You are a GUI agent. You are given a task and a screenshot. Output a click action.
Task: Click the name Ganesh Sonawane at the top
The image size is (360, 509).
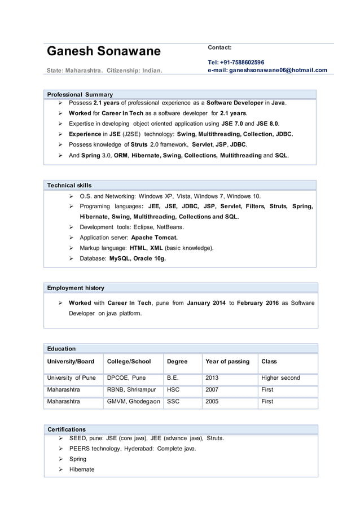pos(103,52)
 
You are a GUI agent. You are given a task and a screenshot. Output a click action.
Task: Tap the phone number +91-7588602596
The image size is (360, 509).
pos(236,62)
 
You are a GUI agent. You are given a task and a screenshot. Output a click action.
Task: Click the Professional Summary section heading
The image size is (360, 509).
pos(80,94)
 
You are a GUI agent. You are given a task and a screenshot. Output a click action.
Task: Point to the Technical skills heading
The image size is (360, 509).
pos(69,185)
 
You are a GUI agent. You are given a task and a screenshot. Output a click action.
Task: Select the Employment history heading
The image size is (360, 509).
pos(76,288)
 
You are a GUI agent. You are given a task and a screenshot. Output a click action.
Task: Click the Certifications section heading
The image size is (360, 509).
pos(67,429)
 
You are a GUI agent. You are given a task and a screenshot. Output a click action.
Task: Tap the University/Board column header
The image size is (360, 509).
pos(71,361)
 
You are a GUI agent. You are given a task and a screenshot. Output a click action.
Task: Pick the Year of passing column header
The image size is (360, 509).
pos(227,361)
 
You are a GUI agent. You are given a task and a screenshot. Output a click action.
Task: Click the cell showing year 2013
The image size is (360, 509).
pos(213,378)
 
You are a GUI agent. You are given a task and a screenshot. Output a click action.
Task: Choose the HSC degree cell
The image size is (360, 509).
pos(173,389)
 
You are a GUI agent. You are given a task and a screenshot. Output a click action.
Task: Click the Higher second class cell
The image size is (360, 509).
pos(280,378)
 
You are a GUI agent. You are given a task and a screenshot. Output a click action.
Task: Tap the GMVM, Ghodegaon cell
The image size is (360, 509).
pos(133,402)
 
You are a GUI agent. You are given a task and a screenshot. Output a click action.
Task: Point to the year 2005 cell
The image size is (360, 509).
pos(213,402)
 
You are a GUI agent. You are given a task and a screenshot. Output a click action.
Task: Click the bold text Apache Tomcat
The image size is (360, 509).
pos(154,238)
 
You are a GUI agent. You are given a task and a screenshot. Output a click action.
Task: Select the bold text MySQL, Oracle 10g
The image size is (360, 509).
pos(137,258)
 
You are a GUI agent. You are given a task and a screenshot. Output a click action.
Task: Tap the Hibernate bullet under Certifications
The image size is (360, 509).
pos(82,469)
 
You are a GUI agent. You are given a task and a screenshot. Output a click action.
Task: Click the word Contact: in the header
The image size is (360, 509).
pos(220,48)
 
